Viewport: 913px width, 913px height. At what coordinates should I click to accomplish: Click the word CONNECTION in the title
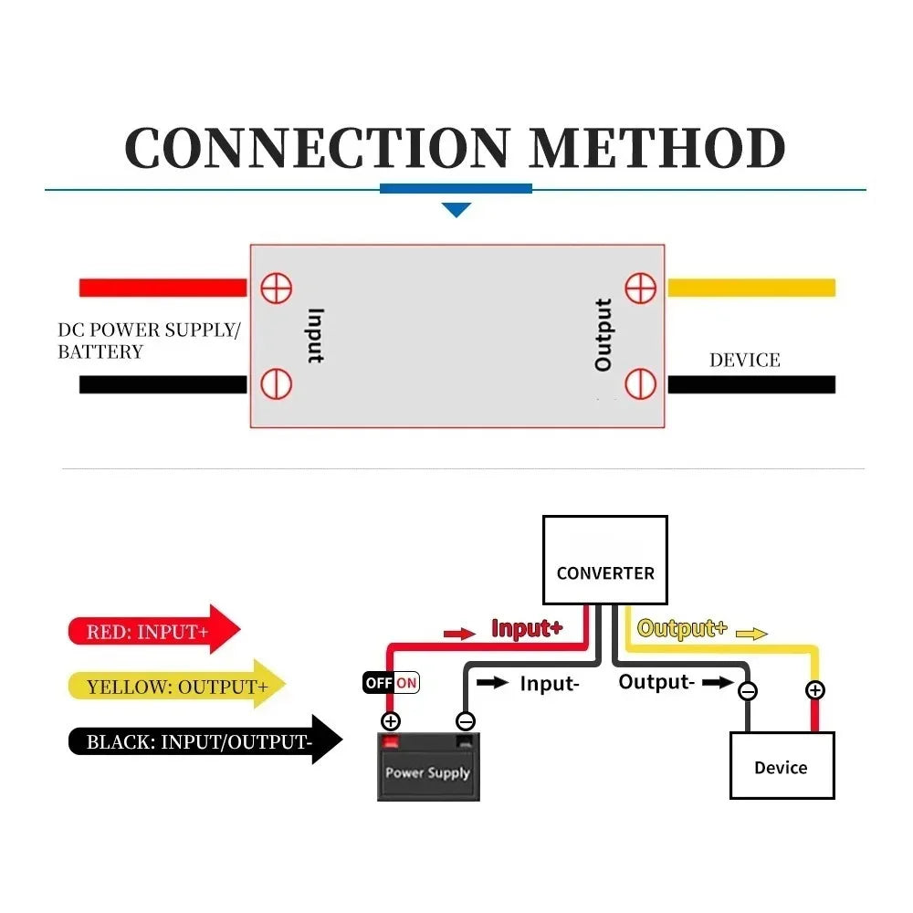pos(318,148)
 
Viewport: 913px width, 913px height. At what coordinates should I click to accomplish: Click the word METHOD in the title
pos(658,148)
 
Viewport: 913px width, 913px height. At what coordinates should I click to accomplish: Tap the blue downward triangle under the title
pos(456,210)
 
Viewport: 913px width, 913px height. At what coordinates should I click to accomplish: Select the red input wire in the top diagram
pos(163,288)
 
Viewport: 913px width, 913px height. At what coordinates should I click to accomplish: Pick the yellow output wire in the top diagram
pos(751,288)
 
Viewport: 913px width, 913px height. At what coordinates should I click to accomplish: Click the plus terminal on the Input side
pos(276,289)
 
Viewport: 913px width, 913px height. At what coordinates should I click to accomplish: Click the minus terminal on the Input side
pos(276,383)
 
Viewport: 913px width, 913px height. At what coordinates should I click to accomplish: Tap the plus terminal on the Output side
pos(641,289)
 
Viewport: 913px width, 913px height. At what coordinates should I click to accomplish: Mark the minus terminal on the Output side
pos(641,383)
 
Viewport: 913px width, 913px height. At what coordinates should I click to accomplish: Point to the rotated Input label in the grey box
pos(315,336)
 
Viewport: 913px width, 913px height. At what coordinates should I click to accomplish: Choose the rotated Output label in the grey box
pos(603,335)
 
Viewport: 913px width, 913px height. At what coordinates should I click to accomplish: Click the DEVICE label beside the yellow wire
pos(745,361)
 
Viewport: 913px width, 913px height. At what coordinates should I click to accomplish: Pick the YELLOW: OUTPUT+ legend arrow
pos(177,685)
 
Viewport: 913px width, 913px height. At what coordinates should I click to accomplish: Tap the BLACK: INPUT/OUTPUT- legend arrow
pos(205,740)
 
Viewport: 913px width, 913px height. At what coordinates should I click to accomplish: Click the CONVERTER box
pos(605,561)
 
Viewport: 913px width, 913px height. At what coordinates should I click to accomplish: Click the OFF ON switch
pos(391,682)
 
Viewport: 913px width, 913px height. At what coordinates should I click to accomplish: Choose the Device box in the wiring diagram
pos(782,766)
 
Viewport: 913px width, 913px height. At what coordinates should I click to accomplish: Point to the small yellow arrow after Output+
pos(751,634)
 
